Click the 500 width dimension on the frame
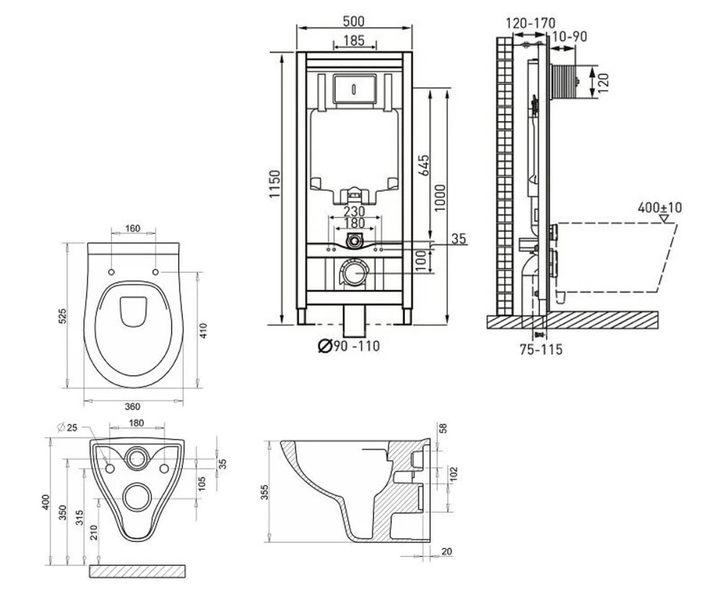tap(354, 21)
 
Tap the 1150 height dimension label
tap(274, 184)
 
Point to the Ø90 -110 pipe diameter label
tap(349, 346)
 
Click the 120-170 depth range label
tap(530, 23)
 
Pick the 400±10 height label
tap(660, 208)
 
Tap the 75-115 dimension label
tap(541, 349)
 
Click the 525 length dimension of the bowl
tap(63, 315)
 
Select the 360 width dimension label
tap(132, 406)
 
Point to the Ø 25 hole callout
tap(68, 427)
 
